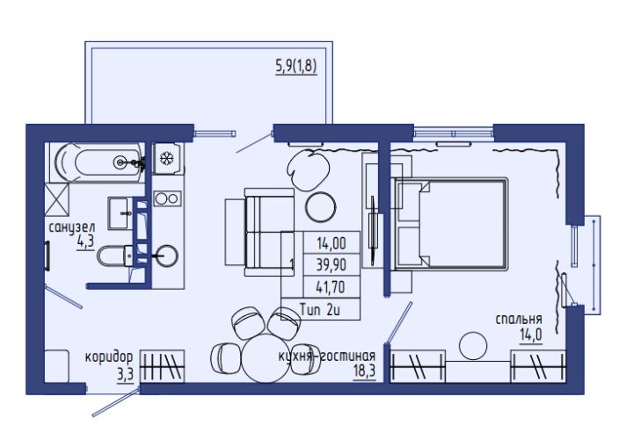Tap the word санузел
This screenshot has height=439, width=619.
point(72,228)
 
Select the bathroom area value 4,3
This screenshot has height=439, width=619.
point(85,241)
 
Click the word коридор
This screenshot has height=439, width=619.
point(109,357)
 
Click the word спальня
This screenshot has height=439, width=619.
point(519,320)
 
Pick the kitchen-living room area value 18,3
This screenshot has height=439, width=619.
point(364,371)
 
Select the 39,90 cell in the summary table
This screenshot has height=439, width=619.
point(331,265)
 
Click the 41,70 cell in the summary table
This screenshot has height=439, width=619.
point(331,287)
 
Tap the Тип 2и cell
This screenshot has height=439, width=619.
point(320,309)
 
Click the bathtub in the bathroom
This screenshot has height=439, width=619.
point(97,162)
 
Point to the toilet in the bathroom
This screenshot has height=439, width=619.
point(115,255)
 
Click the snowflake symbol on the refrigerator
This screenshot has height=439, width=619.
point(166,158)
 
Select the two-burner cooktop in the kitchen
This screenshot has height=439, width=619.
point(167,198)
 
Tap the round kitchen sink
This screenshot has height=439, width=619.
point(166,256)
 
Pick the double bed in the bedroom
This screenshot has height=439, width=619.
point(449,224)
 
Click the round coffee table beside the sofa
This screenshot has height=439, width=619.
point(321,207)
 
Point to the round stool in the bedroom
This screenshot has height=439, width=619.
point(473,346)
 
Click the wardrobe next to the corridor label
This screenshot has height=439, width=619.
point(163,366)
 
